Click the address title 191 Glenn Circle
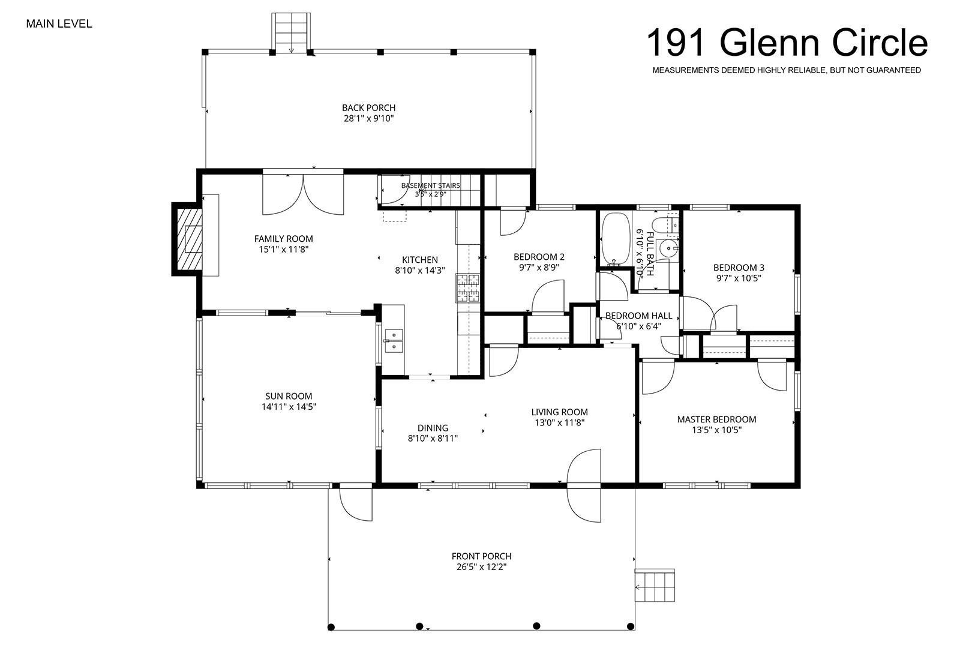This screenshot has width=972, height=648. (x=787, y=43)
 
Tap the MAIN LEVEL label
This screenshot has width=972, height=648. (x=59, y=24)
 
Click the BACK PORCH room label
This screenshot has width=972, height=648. (x=369, y=107)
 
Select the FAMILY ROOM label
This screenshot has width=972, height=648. (x=283, y=239)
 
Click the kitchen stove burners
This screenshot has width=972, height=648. (x=468, y=288)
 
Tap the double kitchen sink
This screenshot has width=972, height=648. (x=393, y=341)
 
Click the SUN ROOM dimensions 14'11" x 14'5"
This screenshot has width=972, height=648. (x=289, y=407)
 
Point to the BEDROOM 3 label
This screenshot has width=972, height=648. (x=739, y=268)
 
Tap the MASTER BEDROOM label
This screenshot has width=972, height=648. (x=716, y=419)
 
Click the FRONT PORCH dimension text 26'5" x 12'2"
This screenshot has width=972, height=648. (x=481, y=567)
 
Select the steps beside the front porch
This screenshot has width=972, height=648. (x=655, y=586)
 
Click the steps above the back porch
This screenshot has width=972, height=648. (x=291, y=32)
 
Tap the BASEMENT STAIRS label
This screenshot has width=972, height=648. (x=430, y=185)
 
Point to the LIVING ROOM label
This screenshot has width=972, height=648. (x=559, y=412)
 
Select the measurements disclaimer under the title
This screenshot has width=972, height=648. (x=787, y=70)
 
